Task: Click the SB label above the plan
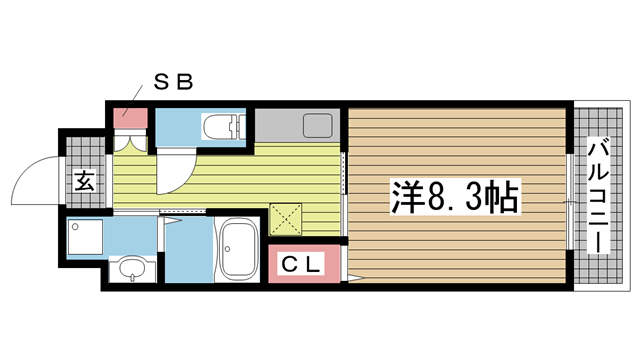[x=171, y=84]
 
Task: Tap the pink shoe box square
[x=127, y=117]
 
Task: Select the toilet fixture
[x=222, y=127]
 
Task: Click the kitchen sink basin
[x=317, y=126]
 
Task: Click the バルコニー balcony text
[x=599, y=197]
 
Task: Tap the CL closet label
[x=300, y=265]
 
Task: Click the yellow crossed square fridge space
[x=285, y=218]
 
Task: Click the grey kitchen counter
[x=297, y=126]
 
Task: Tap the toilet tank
[x=238, y=127]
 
